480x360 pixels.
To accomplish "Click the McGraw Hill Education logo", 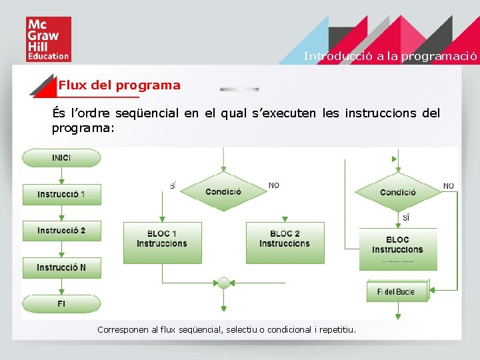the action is tap(48, 39).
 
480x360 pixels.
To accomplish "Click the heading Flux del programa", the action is tap(119, 85).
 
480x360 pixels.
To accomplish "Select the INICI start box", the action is tap(61, 158).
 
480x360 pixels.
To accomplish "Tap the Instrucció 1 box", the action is tap(61, 195).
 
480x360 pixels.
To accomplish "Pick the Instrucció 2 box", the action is tap(61, 231).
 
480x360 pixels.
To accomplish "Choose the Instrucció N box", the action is tap(61, 268).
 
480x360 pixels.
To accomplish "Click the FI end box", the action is tap(61, 304).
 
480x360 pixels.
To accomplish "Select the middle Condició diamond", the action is tap(223, 192).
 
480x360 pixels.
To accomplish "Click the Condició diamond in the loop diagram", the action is tap(398, 193).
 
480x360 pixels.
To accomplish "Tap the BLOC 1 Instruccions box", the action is tap(162, 239).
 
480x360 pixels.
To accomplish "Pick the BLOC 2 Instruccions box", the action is tap(285, 239).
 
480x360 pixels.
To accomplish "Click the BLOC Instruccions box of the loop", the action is tap(398, 245).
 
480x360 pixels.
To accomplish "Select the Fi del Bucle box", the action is tap(396, 292).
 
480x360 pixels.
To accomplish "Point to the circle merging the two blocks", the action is tap(223, 283).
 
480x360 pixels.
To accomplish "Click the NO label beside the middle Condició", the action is tap(274, 185).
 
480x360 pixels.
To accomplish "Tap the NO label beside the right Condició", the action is tap(449, 185).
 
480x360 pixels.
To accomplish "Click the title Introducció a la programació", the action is tap(390, 57).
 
